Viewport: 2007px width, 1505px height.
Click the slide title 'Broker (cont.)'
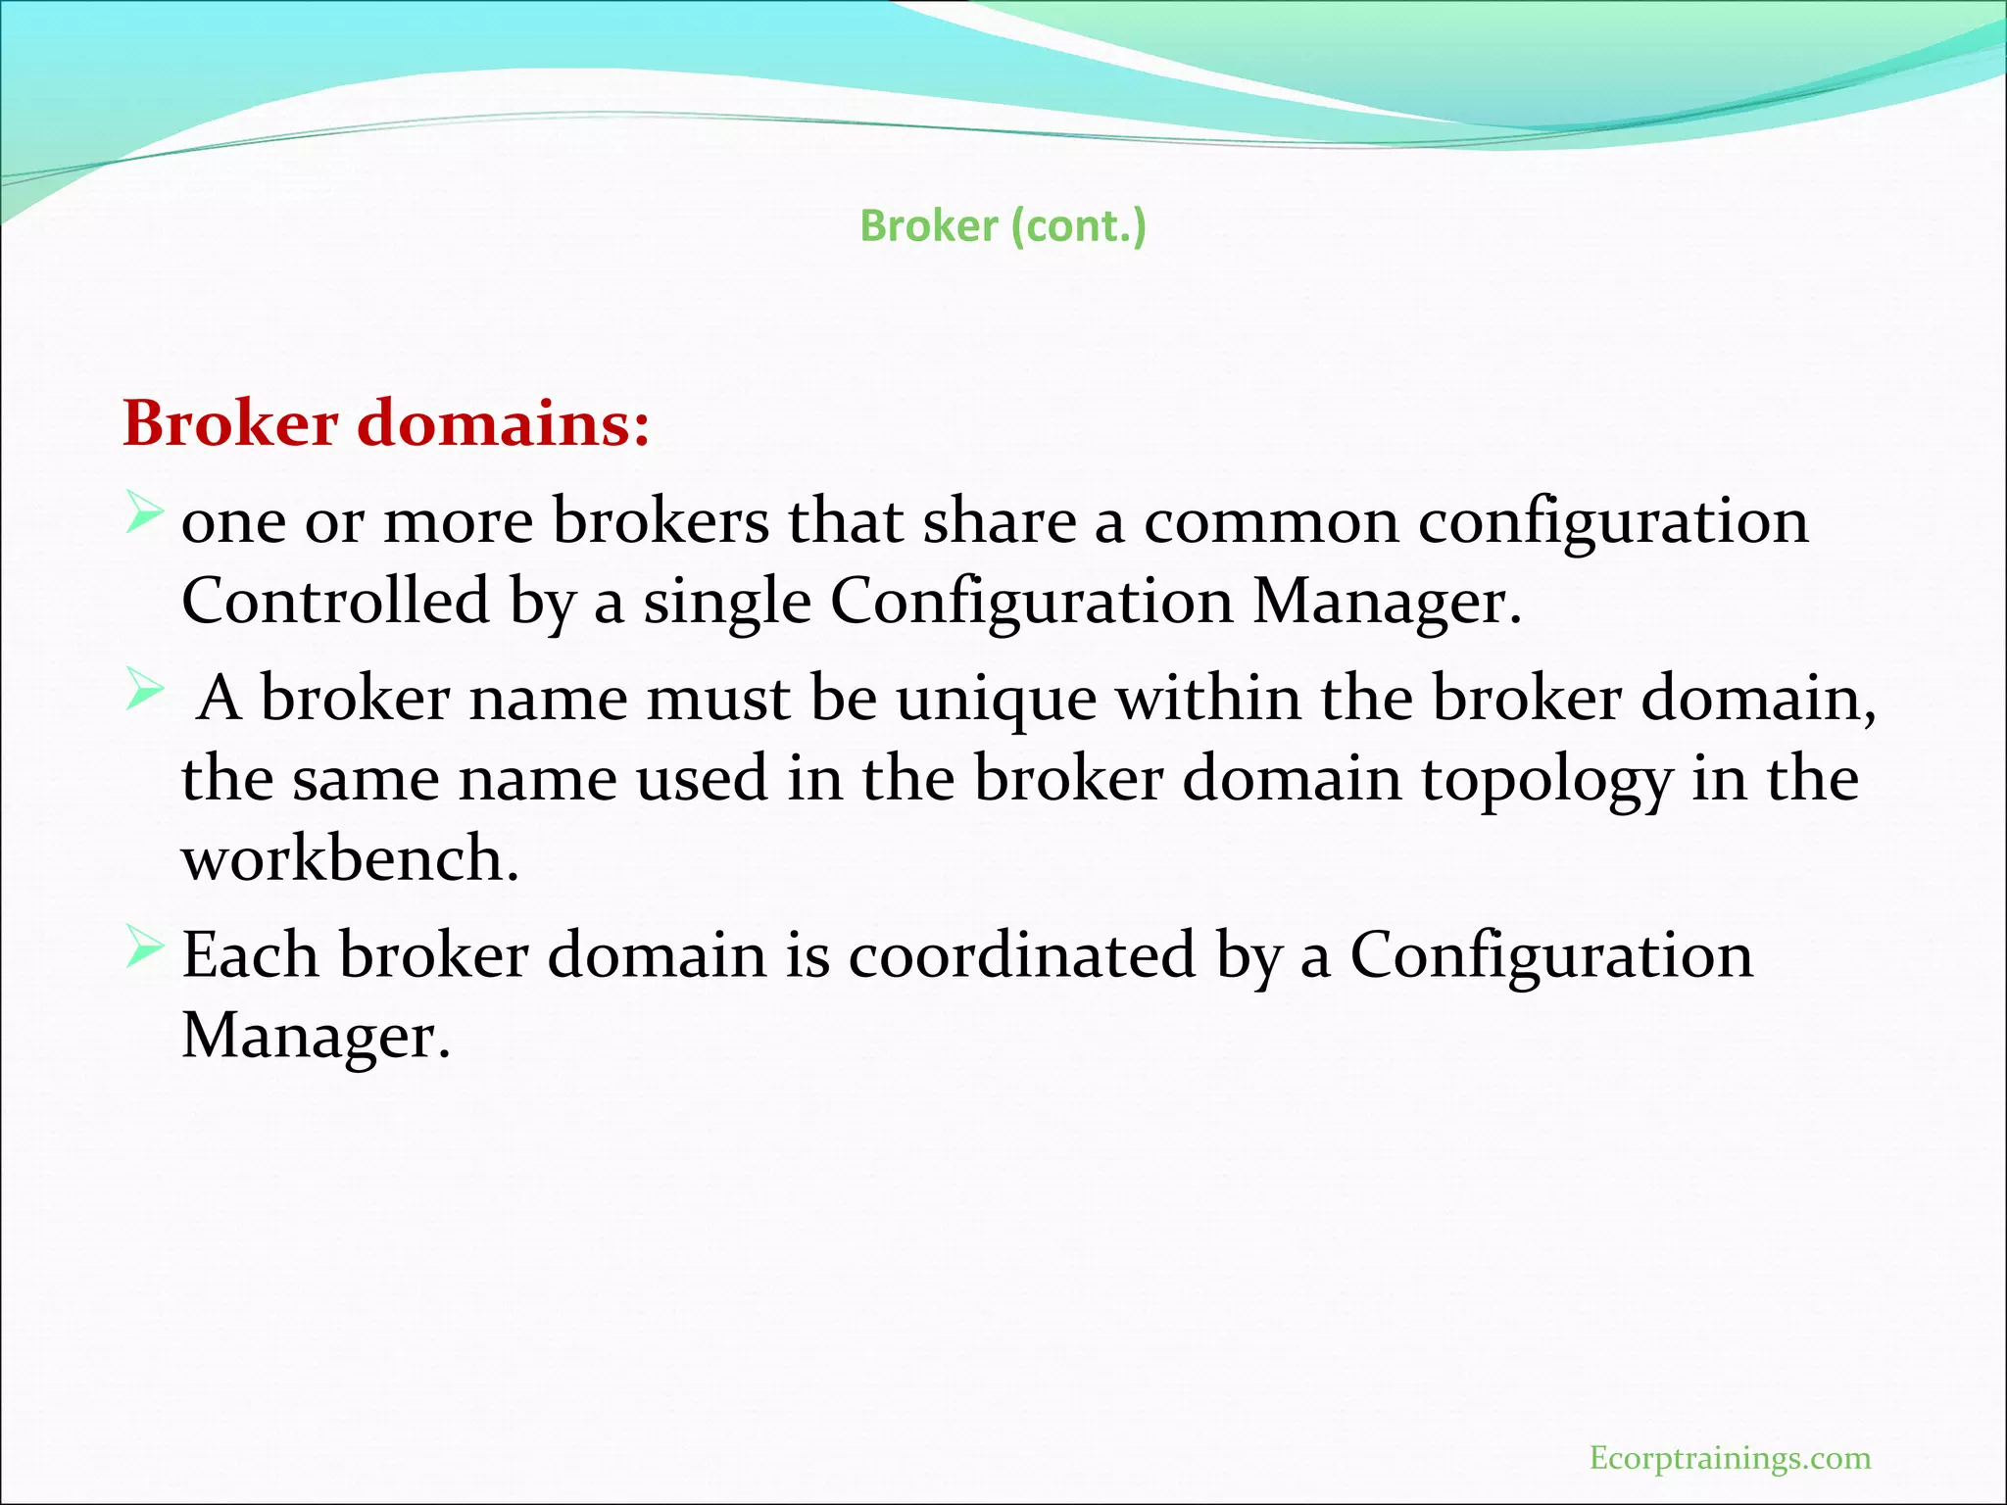point(1003,226)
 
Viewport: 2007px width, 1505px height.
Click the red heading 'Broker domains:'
point(386,424)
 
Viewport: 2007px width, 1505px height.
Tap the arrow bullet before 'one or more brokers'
point(143,513)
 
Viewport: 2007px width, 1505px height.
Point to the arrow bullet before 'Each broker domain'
point(143,948)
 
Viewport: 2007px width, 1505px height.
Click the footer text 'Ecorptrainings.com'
point(1730,1458)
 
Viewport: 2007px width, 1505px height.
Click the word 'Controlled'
point(335,601)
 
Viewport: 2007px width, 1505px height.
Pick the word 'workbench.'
point(350,858)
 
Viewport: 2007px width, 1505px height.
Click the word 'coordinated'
point(1021,955)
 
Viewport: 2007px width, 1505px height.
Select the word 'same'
point(366,780)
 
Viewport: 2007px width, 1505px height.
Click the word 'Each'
point(250,955)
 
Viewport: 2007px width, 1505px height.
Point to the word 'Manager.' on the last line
point(316,1036)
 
